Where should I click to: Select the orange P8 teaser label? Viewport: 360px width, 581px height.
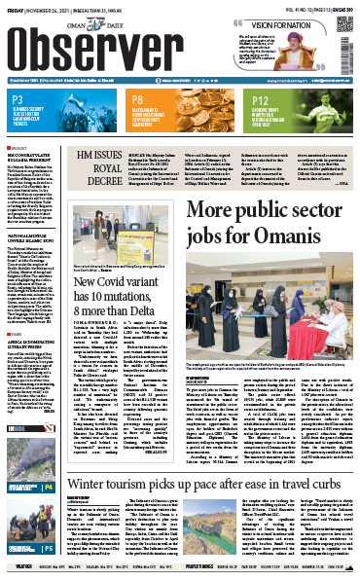[x=139, y=98]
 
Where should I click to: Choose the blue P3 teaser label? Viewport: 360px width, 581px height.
[x=18, y=98]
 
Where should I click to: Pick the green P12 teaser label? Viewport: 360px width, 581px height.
[x=261, y=98]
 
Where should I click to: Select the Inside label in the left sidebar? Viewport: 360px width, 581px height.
[x=18, y=422]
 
